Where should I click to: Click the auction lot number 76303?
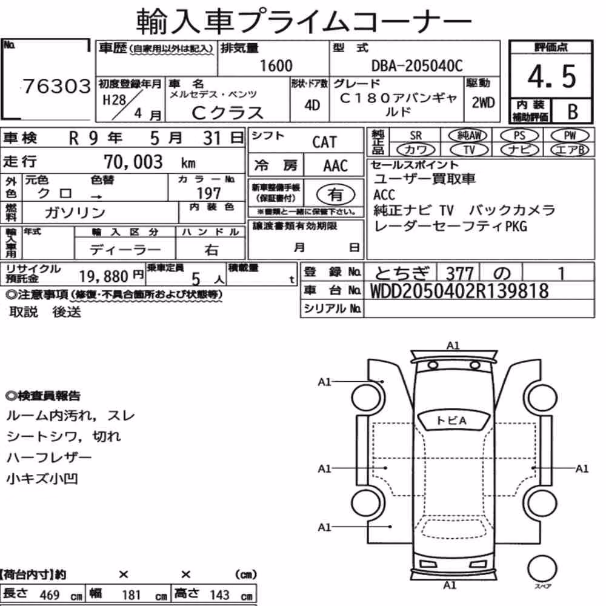click(x=57, y=86)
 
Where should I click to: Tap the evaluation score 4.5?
click(x=551, y=76)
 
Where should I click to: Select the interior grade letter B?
click(x=573, y=112)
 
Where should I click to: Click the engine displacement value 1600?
click(x=276, y=65)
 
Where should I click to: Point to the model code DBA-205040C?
click(x=417, y=65)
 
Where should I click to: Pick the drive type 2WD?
click(x=483, y=103)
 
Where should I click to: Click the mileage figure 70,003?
click(x=133, y=162)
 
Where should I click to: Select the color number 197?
click(x=208, y=193)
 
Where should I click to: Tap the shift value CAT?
click(x=324, y=142)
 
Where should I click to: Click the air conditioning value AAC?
click(x=336, y=166)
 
